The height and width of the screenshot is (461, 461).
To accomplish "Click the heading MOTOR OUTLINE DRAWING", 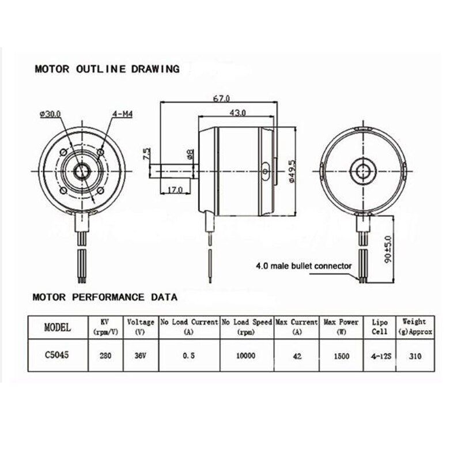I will click(x=107, y=69).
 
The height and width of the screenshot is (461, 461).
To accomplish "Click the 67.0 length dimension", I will click(x=221, y=99).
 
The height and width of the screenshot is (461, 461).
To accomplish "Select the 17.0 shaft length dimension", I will click(x=175, y=189).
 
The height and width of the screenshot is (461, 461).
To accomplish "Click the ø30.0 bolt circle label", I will click(x=51, y=114).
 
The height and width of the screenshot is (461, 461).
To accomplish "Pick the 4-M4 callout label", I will click(x=123, y=114).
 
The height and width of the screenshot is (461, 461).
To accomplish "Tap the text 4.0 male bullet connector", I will click(x=303, y=266).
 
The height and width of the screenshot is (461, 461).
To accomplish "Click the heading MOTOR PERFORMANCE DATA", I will click(x=105, y=297).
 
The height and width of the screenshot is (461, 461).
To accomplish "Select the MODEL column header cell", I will click(x=58, y=327).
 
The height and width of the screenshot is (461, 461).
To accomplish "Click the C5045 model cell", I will click(x=58, y=356).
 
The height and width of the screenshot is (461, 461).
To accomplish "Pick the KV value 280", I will click(x=104, y=356).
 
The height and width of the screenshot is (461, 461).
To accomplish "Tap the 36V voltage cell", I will click(x=141, y=356).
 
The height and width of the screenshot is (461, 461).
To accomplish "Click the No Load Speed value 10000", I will click(x=246, y=356).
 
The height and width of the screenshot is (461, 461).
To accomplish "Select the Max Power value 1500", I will click(x=341, y=356).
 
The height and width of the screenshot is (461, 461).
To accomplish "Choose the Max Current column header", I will click(x=297, y=326).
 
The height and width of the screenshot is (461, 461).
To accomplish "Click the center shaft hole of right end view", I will click(x=363, y=171).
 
